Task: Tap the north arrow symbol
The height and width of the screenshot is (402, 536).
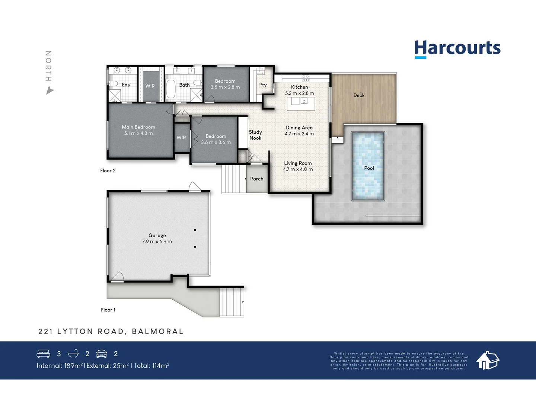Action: [50, 90]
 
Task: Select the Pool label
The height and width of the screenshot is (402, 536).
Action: [369, 168]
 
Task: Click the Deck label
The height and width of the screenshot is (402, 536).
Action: [359, 96]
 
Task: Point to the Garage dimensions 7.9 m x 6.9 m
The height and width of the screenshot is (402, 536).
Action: [157, 242]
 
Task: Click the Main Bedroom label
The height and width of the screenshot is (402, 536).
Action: [138, 127]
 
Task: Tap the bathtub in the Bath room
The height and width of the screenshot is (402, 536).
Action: [171, 88]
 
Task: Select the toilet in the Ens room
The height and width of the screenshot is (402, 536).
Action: [113, 83]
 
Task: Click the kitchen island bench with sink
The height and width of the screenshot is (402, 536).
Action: [301, 103]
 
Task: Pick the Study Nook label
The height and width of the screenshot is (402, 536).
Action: [255, 135]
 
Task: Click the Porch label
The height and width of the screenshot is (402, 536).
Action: [256, 179]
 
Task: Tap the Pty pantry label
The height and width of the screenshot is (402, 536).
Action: [263, 85]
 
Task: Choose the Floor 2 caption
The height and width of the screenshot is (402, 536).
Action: [108, 171]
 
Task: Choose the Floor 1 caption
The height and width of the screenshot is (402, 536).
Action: [108, 310]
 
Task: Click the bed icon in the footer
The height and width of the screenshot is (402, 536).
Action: [43, 354]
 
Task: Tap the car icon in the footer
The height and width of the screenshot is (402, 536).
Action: [102, 354]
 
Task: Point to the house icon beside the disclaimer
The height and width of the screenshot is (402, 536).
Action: [488, 360]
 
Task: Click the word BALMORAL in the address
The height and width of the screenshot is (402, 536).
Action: [157, 332]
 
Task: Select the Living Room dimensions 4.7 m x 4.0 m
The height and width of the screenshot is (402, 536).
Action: [298, 169]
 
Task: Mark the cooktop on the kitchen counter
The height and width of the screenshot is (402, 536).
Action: [305, 78]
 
